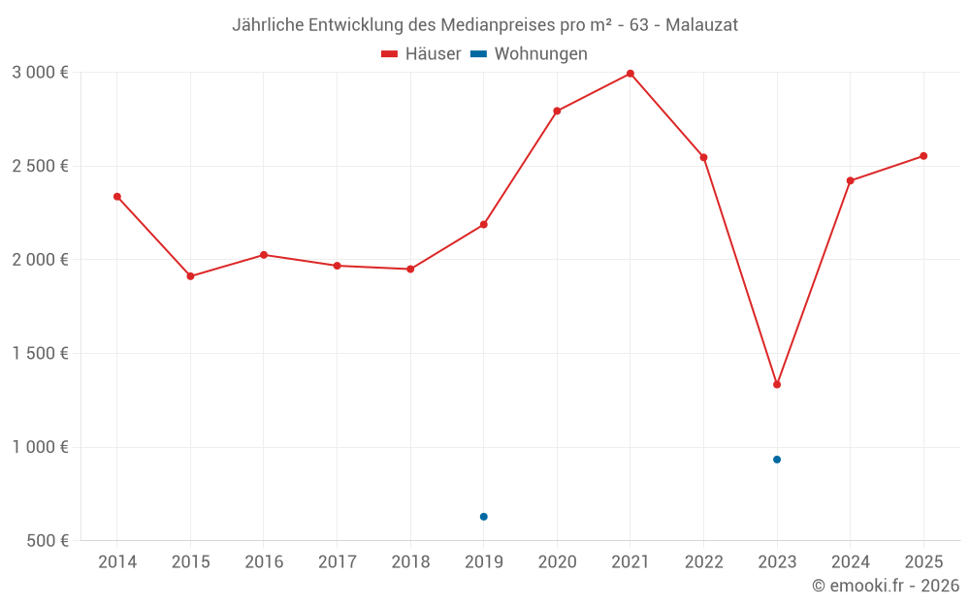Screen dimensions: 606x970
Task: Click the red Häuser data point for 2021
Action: click(630, 74)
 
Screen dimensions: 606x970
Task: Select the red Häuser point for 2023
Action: click(777, 385)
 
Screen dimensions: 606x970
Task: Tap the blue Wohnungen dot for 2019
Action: click(483, 517)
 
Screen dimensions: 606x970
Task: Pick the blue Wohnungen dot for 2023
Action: click(777, 460)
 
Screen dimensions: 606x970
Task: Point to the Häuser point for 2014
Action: click(117, 197)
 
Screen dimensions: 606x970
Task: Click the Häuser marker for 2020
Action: click(557, 111)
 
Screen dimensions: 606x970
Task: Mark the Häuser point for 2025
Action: click(923, 156)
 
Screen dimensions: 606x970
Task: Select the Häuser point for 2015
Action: click(190, 276)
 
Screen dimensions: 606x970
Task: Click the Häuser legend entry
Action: click(421, 54)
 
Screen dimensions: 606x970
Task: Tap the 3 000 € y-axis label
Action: click(40, 73)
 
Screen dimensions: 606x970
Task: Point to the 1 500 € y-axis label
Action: click(40, 354)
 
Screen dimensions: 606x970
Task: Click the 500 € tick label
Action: click(46, 541)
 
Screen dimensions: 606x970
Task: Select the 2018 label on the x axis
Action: click(410, 562)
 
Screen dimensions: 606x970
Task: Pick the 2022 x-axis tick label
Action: click(703, 562)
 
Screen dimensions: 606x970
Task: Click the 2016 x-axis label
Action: click(264, 562)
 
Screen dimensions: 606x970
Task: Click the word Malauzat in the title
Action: click(701, 25)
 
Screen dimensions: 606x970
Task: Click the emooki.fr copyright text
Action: click(886, 586)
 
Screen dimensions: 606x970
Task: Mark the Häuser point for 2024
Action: click(850, 181)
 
